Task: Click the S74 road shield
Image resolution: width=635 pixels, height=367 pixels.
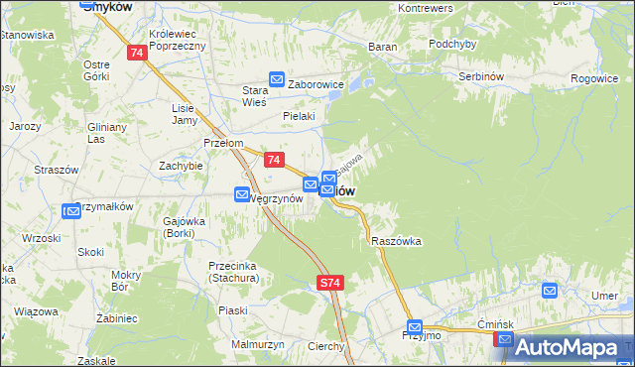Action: pos(330,284)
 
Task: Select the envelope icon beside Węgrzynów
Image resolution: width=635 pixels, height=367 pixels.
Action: pos(242,194)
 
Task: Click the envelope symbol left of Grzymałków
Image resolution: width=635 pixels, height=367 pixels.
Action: pos(70,210)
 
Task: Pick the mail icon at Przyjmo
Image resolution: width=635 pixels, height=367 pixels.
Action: pos(415,326)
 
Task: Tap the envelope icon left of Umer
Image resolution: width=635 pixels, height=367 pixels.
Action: pos(550,291)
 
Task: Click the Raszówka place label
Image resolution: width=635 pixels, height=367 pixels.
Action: pos(397,241)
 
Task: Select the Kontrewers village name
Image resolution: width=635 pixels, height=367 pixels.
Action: pos(425,8)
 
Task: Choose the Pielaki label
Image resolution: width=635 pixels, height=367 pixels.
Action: pos(298,116)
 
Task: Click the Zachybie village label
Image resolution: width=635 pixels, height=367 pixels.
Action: pos(181,166)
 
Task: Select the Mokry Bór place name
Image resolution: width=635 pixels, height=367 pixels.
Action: pos(127,281)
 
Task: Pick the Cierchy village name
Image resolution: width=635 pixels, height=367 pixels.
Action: pos(325,346)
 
